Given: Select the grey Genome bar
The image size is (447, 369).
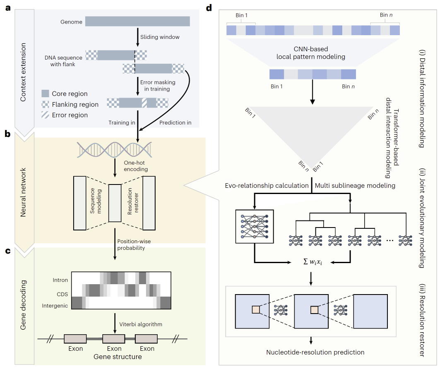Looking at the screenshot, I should [x=137, y=22].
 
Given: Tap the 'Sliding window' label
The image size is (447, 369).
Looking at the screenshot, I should [x=160, y=37].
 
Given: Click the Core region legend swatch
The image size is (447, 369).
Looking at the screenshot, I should [x=46, y=93].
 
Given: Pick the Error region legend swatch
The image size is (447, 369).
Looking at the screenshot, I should [x=46, y=115].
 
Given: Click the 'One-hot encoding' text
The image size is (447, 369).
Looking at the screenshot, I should [x=136, y=167].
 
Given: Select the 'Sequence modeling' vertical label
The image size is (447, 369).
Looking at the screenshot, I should [x=96, y=202].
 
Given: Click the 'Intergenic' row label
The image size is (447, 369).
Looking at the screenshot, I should [x=55, y=306].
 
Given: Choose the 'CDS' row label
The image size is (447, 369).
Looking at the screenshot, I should [x=62, y=294].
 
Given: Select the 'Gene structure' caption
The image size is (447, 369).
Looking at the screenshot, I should [x=118, y=357].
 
